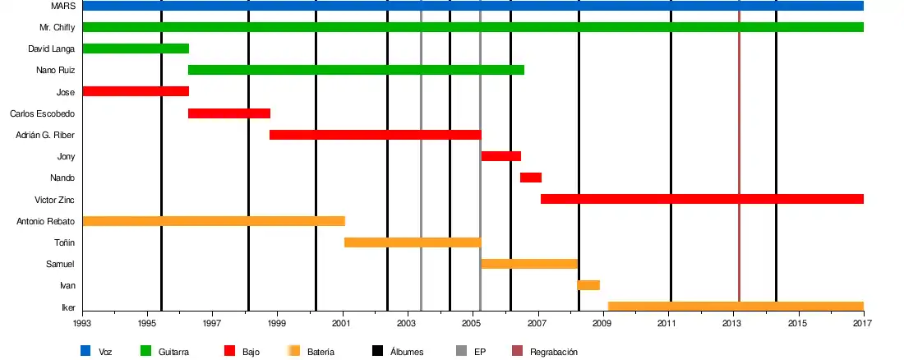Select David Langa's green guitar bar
coord(136,48)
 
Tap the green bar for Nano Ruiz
coord(356,70)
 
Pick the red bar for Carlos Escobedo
coord(229,113)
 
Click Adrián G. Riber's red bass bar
coord(375,135)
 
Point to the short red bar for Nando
coord(531,178)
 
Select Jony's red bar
coord(501,156)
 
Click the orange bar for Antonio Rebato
coord(214,221)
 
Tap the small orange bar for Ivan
coord(588,285)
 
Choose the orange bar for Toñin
coord(413,242)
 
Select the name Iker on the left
coord(68,307)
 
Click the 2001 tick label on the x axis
coord(343,324)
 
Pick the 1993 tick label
coord(83,324)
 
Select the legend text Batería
coord(321,352)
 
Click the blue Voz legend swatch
coord(85,352)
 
